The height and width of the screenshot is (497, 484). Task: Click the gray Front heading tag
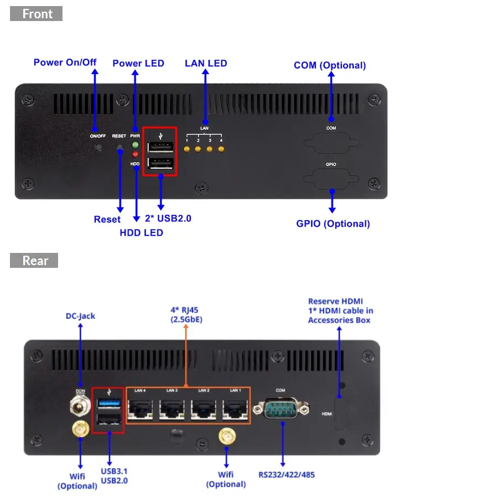coord(36,14)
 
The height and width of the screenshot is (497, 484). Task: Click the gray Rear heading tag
coord(34,261)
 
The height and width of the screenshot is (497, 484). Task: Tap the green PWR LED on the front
coord(135,145)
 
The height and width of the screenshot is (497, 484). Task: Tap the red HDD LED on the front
coord(135,154)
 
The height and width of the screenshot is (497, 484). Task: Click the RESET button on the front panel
coord(119,147)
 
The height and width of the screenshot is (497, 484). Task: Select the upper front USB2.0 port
coord(160,147)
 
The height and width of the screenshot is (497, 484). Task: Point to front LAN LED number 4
coord(221,149)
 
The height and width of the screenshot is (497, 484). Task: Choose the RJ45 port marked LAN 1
coord(236,410)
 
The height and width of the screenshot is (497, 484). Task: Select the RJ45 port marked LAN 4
coord(140,410)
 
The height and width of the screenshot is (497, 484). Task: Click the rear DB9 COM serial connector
coord(280,410)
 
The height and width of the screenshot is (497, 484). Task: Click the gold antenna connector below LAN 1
coord(226,438)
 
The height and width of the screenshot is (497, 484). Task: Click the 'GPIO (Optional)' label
coord(333,224)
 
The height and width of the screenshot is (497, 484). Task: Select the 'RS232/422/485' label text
coord(287,474)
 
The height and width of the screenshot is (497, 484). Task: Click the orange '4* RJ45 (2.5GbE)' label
coord(186,314)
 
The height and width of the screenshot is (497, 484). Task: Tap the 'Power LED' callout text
coord(138,63)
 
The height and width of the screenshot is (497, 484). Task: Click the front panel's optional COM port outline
coord(331,143)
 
